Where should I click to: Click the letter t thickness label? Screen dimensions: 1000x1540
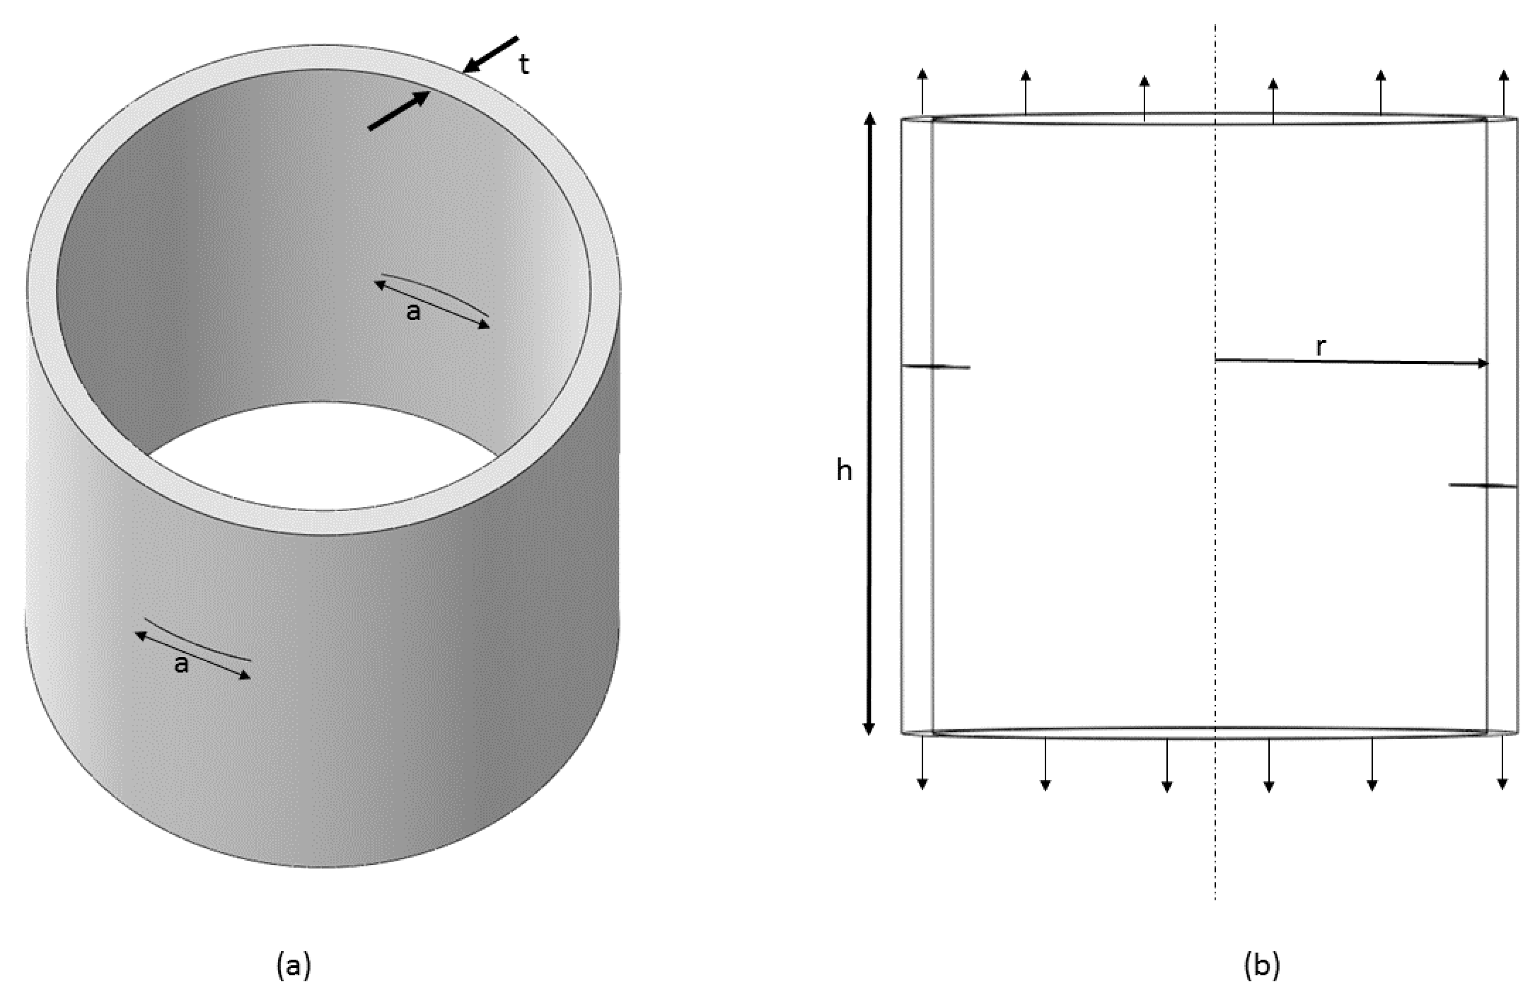tap(524, 65)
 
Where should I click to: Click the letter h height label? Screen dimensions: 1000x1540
tap(844, 472)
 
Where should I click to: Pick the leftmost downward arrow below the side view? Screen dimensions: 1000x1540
tap(923, 764)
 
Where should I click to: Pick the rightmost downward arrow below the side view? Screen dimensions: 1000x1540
tap(1502, 764)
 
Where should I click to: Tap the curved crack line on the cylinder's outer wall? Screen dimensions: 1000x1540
tap(197, 640)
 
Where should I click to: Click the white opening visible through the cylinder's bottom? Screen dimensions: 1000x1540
tap(324, 456)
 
